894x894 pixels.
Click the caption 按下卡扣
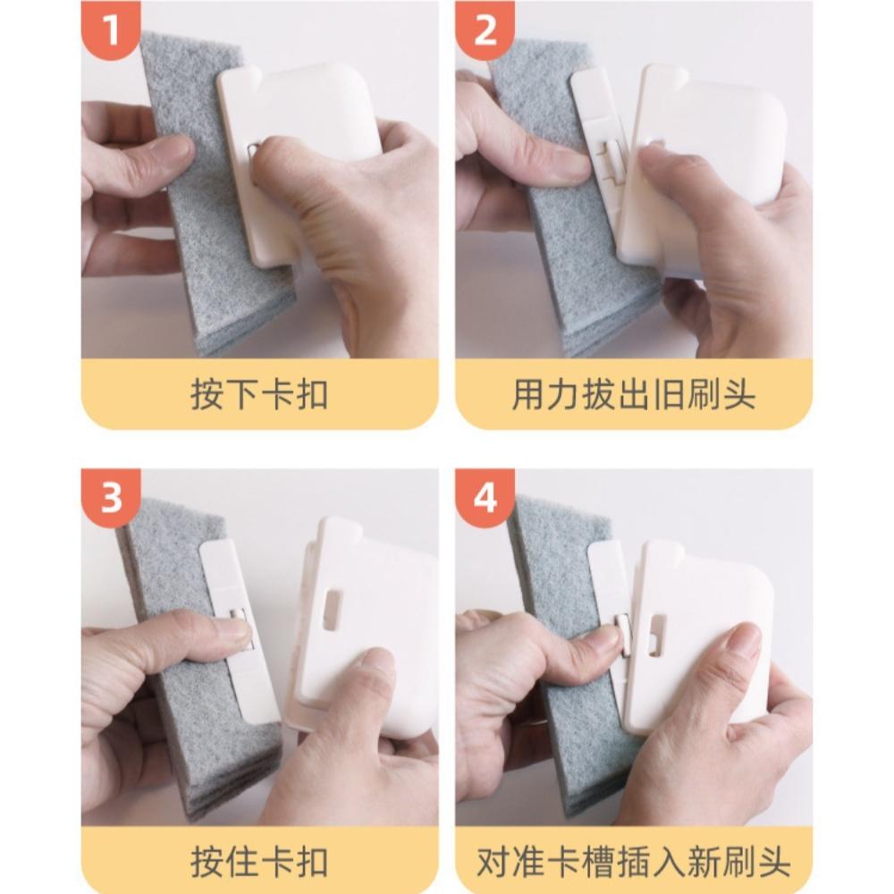pyautogui.click(x=259, y=393)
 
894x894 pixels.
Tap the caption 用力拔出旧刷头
pyautogui.click(x=634, y=393)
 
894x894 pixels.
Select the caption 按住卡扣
pyautogui.click(x=259, y=861)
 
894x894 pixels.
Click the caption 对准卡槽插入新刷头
pyautogui.click(x=634, y=861)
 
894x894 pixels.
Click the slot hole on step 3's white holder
pyautogui.click(x=333, y=609)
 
